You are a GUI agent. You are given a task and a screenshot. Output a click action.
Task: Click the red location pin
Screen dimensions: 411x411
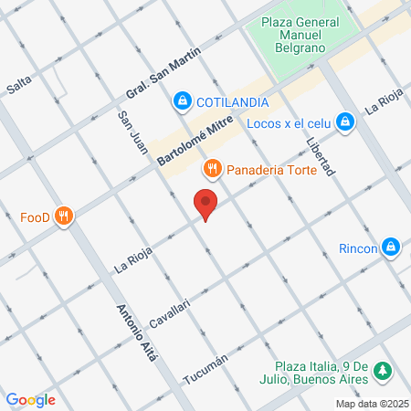tap(205, 205)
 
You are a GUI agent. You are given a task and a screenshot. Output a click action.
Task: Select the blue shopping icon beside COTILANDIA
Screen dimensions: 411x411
tap(183, 100)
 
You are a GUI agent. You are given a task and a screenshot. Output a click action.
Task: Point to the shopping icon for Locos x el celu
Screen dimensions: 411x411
tap(344, 121)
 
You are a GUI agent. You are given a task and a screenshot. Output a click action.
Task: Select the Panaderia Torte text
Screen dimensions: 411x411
tap(271, 170)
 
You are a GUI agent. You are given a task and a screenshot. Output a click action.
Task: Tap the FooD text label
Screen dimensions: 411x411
tap(35, 217)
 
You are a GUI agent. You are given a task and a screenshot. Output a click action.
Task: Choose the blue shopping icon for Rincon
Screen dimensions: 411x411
tap(391, 246)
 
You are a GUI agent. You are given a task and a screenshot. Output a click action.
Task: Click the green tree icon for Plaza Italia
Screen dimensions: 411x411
tap(385, 370)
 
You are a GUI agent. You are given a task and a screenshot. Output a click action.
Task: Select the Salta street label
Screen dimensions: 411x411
tap(18, 86)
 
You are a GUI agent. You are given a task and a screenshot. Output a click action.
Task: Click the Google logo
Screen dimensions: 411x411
tap(30, 399)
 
